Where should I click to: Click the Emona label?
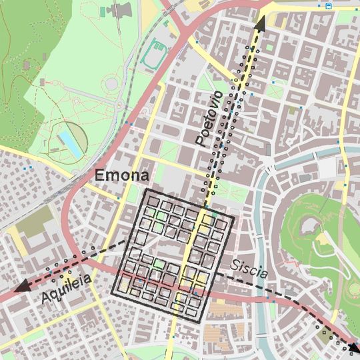tap(122, 176)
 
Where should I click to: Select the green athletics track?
tap(158, 49)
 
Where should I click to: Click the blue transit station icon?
tap(329, 6)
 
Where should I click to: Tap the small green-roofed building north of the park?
tap(102, 12)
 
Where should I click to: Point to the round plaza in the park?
tap(111, 85)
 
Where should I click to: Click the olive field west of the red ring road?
tap(33, 224)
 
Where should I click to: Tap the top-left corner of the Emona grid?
tap(145, 191)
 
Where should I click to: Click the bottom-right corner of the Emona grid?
tap(201, 323)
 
